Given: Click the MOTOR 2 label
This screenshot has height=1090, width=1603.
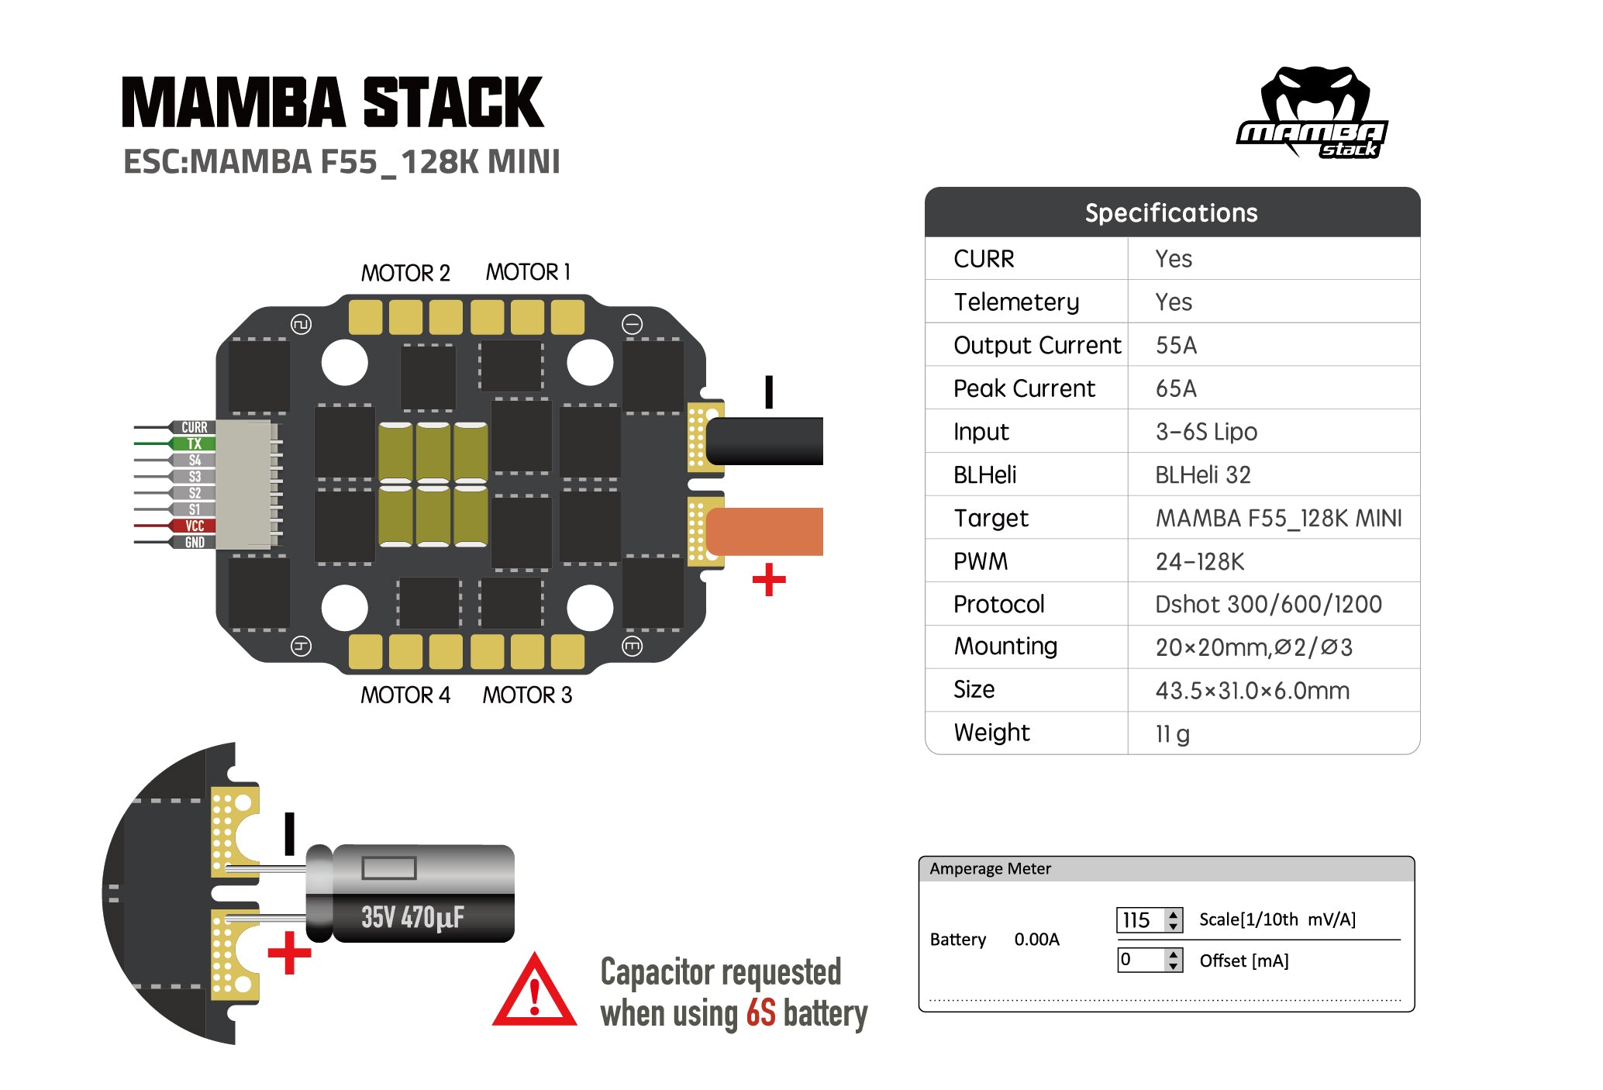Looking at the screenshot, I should coord(405,273).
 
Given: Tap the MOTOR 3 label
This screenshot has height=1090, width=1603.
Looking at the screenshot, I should coord(527,695).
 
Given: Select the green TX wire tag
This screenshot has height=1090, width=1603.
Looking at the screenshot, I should coord(194,443).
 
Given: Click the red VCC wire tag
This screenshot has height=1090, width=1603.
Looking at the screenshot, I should coord(194,526).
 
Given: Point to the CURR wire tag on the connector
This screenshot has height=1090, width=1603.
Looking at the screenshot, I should coord(194,427).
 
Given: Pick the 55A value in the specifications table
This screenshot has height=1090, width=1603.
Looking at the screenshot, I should coord(1176,345).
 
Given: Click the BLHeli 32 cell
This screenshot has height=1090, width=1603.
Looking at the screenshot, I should coord(1202,474).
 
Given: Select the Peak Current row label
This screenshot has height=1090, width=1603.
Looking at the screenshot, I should coord(1024,388).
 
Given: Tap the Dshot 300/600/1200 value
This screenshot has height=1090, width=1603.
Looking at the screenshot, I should coord(1268,604).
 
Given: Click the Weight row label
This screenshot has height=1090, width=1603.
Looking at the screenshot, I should coord(991,733).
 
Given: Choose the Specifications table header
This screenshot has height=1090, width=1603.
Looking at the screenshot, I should coord(1171,212).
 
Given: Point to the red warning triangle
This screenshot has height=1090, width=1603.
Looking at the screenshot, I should coord(534,993).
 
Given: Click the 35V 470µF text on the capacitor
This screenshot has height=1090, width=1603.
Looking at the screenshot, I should coord(412,917).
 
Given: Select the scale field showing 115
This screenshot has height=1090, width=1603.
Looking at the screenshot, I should coord(1139,920).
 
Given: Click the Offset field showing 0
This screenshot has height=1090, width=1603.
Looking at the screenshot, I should coord(1139,960).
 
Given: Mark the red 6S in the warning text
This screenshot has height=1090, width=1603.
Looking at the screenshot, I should coord(760,1013).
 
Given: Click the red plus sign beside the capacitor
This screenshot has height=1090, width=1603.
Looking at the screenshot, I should coord(289,953).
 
